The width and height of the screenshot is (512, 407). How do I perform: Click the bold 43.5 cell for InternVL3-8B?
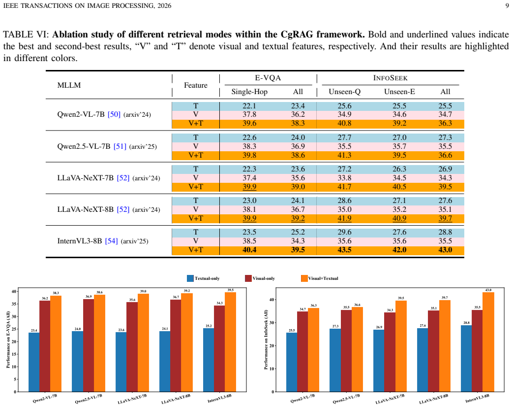click(344, 250)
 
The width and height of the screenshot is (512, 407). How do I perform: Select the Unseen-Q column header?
click(344, 92)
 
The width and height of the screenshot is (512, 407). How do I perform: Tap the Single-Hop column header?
click(249, 92)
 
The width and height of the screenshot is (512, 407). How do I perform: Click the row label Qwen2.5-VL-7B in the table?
click(84, 146)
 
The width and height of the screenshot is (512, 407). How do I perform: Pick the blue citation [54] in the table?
click(111, 241)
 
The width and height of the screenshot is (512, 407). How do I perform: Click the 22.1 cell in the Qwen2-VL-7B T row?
click(249, 106)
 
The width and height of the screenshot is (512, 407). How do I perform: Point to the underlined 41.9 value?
click(344, 218)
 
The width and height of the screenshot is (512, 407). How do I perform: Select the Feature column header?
click(196, 85)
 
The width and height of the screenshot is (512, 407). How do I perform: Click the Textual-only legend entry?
click(203, 278)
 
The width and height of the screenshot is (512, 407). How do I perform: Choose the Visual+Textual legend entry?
click(319, 278)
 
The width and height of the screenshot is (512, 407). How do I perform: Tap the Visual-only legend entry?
click(260, 278)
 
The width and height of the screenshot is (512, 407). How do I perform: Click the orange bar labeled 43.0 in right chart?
click(488, 342)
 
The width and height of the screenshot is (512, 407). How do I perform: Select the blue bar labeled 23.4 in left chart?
click(34, 362)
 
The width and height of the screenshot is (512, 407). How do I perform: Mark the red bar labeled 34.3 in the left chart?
click(219, 348)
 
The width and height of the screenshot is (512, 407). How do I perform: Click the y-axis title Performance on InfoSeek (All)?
click(266, 339)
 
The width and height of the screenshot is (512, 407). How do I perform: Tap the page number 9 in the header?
click(507, 5)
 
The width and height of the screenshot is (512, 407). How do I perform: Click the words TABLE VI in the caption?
click(26, 34)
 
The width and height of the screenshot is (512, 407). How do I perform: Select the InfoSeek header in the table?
click(390, 78)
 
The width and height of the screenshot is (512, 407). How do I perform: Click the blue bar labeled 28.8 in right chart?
click(466, 358)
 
